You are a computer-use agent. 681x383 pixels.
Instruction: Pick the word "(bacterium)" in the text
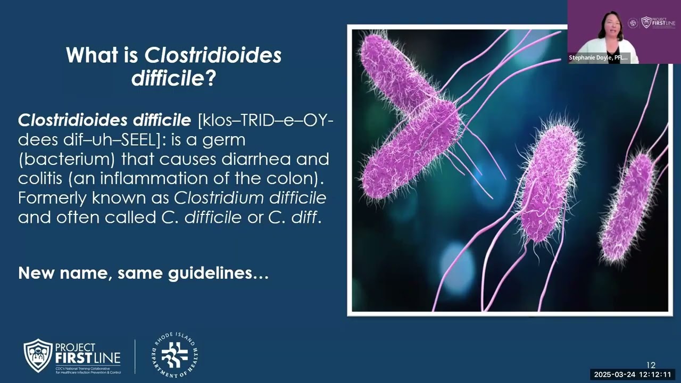pos(67,159)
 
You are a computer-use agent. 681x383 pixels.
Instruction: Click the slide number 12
pos(651,365)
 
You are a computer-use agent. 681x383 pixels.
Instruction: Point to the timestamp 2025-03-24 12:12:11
pos(633,374)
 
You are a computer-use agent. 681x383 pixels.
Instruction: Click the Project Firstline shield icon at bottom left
pos(38,356)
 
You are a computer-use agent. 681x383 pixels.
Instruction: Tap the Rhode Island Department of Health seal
pos(174,355)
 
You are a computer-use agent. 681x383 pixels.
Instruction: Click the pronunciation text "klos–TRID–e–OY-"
pos(266,121)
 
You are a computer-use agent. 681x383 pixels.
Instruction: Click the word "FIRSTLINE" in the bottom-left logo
pos(88,357)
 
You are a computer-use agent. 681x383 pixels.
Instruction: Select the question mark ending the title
pos(210,79)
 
